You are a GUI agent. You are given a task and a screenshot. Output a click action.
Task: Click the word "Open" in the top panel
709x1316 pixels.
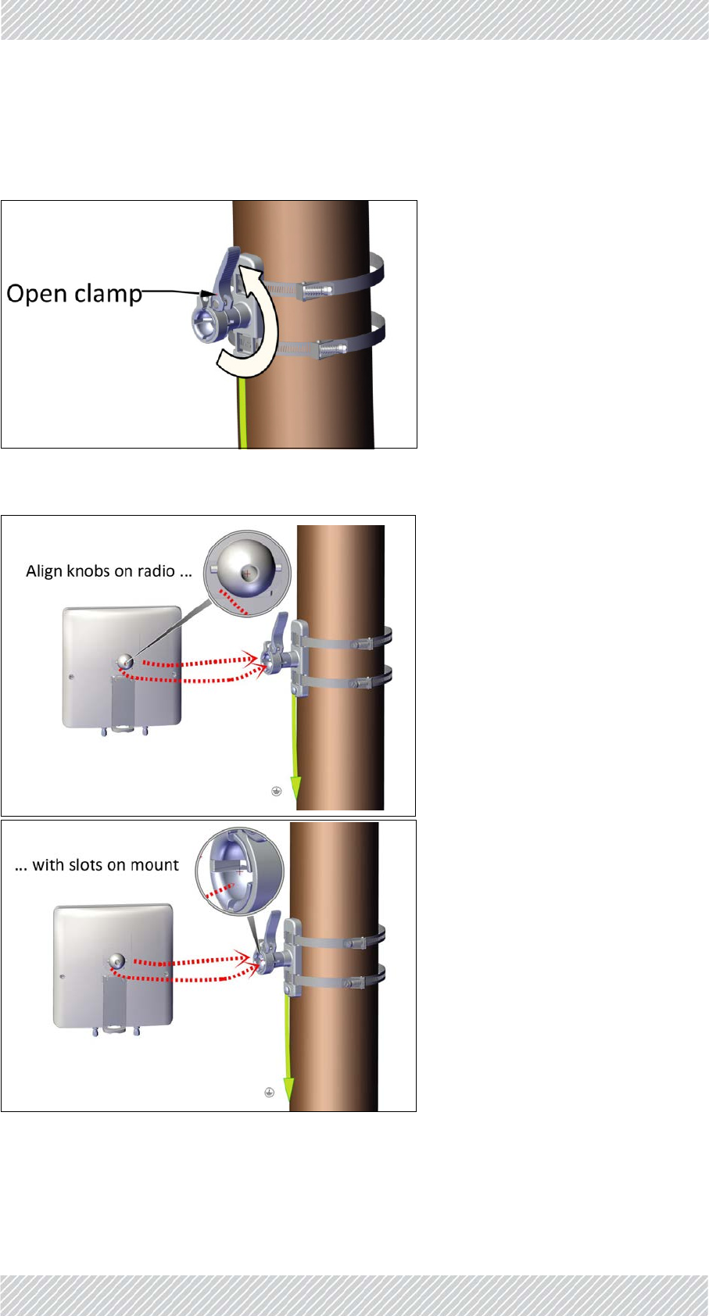pyautogui.click(x=37, y=294)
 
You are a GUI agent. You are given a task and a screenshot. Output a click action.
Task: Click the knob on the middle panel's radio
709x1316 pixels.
pyautogui.click(x=125, y=662)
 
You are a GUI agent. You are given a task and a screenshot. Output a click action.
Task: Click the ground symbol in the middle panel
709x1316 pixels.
pyautogui.click(x=276, y=792)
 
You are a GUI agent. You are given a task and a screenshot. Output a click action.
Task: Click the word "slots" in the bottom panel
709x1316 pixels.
pyautogui.click(x=86, y=865)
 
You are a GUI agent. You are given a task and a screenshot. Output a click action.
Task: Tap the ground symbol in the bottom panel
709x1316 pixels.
pyautogui.click(x=269, y=1092)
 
